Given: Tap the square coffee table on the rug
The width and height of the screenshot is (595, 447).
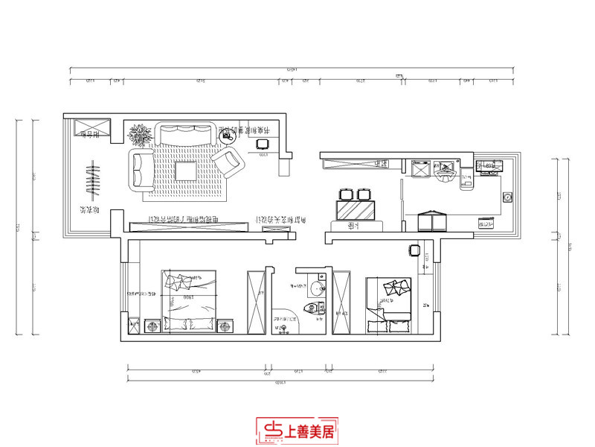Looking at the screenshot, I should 186,171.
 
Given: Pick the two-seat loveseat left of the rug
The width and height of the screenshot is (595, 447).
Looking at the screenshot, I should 141,169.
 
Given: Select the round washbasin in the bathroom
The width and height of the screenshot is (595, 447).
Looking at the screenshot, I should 318,289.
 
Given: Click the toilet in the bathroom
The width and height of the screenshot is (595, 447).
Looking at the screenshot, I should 316,308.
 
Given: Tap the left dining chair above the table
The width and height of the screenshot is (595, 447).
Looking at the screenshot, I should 345,194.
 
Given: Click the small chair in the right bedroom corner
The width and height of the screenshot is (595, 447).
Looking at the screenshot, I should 415,250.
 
